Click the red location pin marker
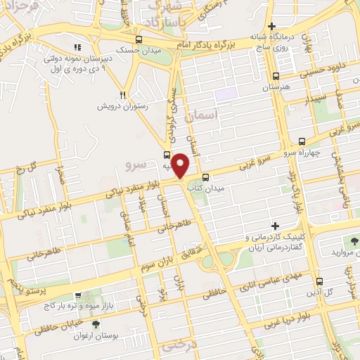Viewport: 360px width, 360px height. pyautogui.click(x=181, y=165)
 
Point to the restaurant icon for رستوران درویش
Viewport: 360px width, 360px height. pyautogui.click(x=122, y=95)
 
